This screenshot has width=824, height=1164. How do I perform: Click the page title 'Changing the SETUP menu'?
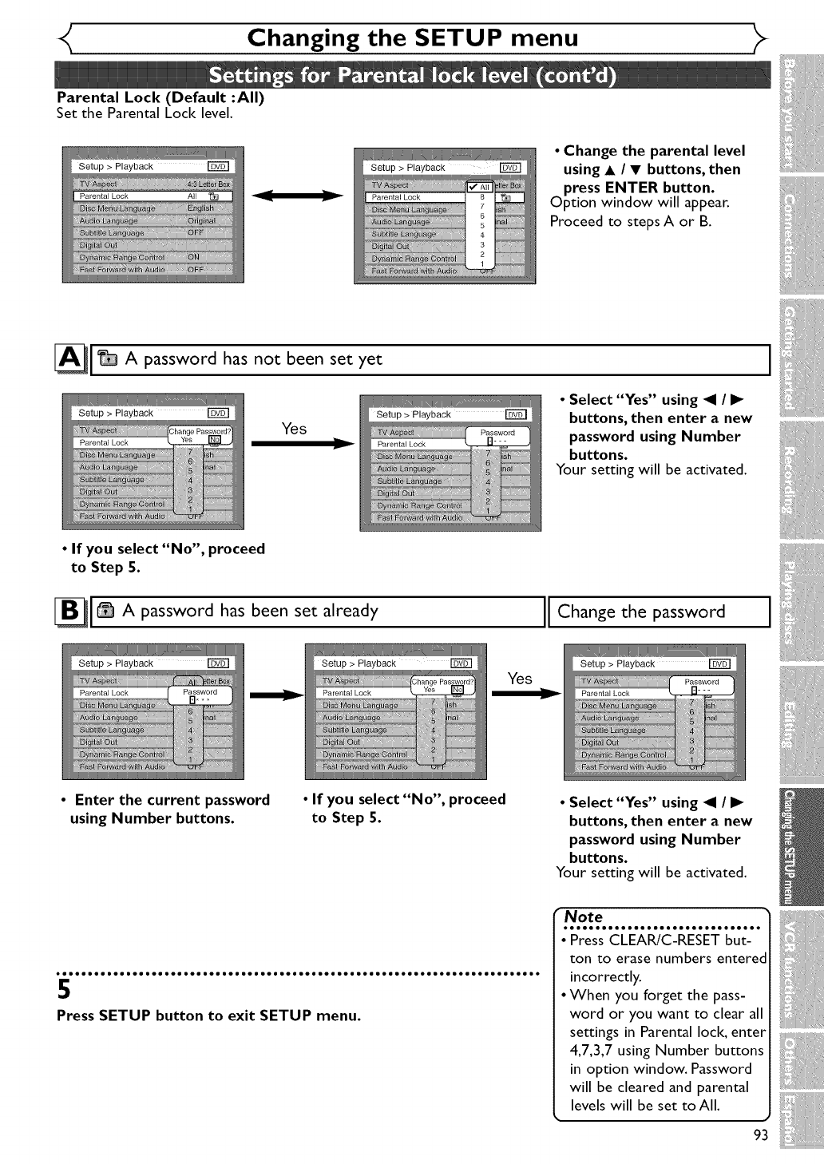click(x=412, y=38)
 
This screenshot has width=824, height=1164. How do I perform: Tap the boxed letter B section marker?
click(x=69, y=612)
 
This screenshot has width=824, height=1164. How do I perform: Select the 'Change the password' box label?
click(x=641, y=612)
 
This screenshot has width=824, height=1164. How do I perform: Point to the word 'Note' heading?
click(x=584, y=917)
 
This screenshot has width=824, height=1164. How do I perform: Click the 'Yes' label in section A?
click(x=294, y=429)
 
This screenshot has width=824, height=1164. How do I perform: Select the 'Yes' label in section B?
click(x=520, y=679)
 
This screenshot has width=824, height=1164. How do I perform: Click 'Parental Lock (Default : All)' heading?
click(x=160, y=97)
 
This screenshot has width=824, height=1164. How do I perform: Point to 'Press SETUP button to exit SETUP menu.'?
click(x=208, y=1016)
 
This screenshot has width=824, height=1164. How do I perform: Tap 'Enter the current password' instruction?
click(x=171, y=800)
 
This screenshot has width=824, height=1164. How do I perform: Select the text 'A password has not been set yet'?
click(x=253, y=359)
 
